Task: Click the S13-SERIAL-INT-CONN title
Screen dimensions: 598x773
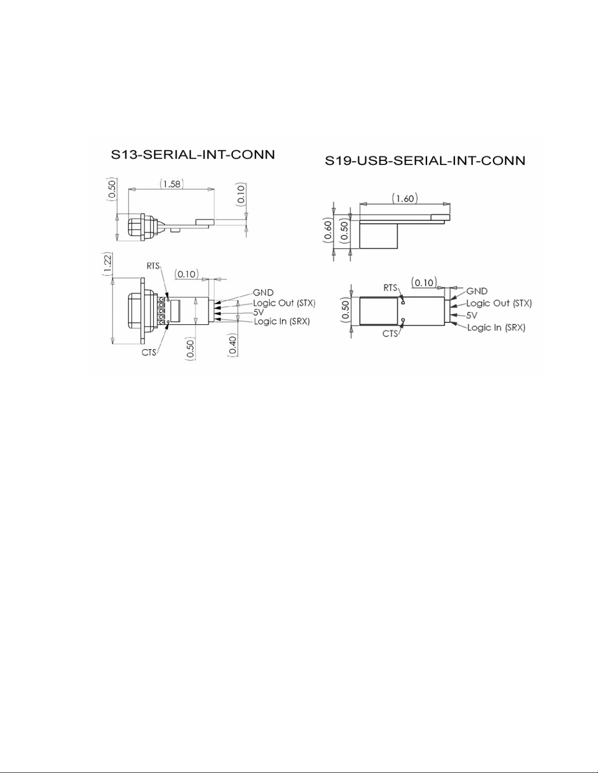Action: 193,155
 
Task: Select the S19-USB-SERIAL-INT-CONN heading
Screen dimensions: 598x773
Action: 425,161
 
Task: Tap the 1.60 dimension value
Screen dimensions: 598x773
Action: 405,198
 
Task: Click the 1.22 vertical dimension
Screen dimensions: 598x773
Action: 107,264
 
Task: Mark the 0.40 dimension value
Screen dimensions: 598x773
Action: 232,345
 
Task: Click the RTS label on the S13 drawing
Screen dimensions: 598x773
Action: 153,266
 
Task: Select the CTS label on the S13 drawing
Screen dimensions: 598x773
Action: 149,353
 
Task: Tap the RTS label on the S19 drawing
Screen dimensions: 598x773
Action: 391,287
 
